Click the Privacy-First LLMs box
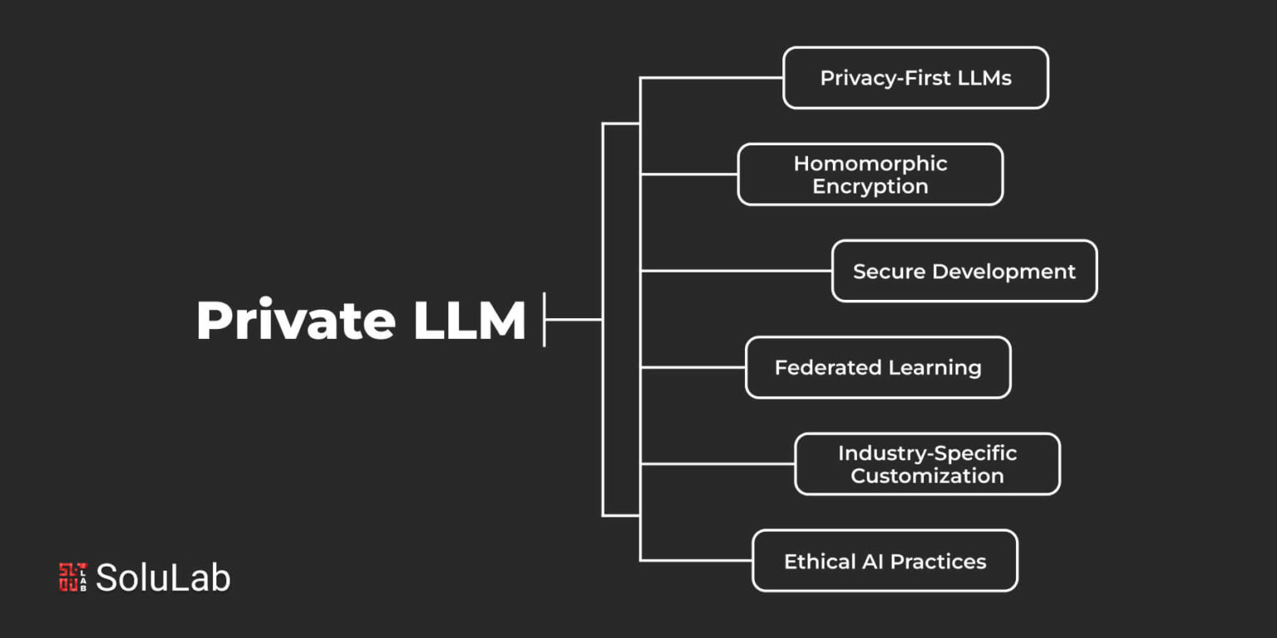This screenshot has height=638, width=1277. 915,77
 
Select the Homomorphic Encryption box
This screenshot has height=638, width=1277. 870,174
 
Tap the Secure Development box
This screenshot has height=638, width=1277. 964,271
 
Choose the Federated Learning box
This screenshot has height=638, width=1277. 878,367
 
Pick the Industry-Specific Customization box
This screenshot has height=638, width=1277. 927,464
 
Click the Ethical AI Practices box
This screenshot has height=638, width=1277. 885,561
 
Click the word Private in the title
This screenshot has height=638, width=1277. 296,320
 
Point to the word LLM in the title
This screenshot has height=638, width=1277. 469,320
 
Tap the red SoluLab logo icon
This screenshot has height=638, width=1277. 73,577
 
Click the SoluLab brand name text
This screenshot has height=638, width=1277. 163,577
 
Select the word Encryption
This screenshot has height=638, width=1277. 870,186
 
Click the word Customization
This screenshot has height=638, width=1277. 927,476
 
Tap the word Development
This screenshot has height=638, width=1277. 1004,272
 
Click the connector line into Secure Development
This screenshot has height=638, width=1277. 736,271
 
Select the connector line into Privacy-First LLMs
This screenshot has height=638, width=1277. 712,77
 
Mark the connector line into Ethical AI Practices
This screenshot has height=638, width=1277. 696,561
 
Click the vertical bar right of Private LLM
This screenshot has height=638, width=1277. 545,320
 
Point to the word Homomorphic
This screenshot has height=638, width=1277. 870,164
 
